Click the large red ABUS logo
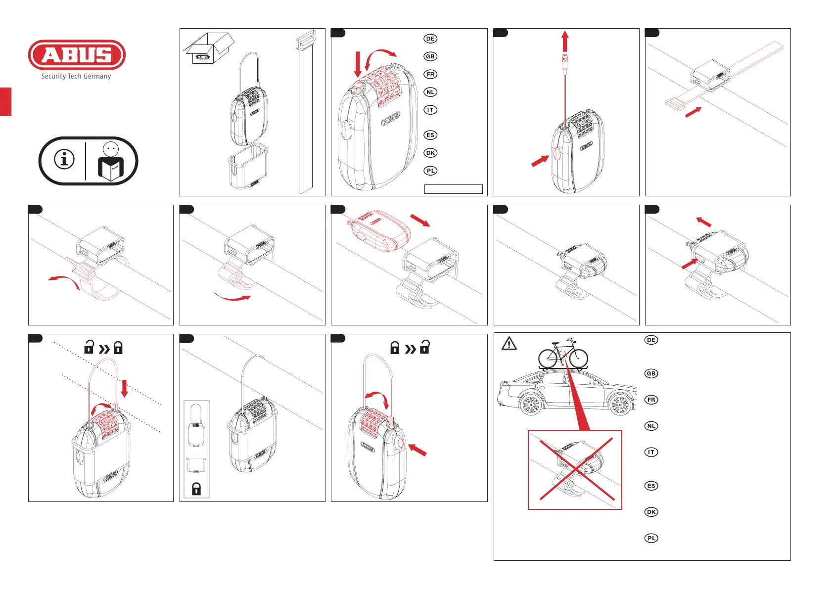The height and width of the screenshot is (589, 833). (77, 55)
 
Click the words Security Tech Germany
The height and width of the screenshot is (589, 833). (76, 76)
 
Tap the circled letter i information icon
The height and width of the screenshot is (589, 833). (64, 159)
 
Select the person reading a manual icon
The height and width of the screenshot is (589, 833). (111, 162)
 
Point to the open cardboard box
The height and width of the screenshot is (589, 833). (209, 48)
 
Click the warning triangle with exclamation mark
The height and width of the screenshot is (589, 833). (509, 343)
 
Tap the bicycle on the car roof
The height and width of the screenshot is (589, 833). (563, 354)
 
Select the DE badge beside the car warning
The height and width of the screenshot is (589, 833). (651, 340)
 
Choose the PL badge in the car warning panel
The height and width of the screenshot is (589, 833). (651, 538)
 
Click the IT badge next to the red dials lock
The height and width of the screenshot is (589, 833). (430, 110)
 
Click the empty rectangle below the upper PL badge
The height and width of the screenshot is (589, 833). (453, 189)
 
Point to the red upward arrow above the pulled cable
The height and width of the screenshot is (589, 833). (565, 42)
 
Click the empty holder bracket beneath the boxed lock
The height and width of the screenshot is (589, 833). (248, 166)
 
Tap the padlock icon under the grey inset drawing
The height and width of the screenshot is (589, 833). (196, 489)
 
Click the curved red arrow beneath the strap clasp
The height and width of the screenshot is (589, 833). (232, 297)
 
